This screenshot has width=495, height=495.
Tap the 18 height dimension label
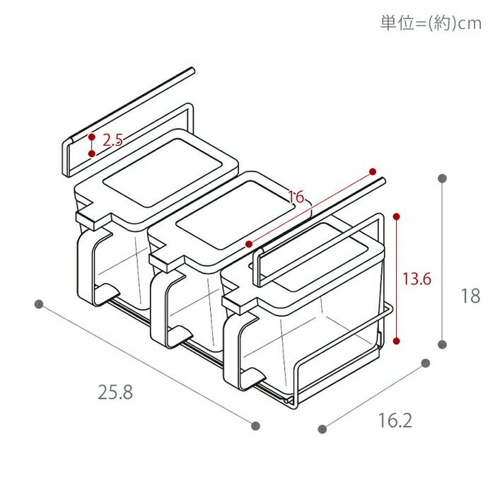pyautogui.click(x=470, y=296)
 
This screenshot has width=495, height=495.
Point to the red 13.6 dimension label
pyautogui.click(x=417, y=279)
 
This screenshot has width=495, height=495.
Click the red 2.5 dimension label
pyautogui.click(x=112, y=140)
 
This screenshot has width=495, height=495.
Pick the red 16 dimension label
pyautogui.click(x=296, y=197)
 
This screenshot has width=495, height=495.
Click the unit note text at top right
pyautogui.click(x=430, y=23)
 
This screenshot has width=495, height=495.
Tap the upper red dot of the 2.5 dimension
pyautogui.click(x=92, y=136)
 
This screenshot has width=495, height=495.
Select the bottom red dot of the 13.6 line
pyautogui.click(x=398, y=342)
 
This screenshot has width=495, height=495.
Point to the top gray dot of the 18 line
pyautogui.click(x=443, y=178)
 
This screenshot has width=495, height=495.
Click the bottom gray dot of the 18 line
pyautogui.click(x=443, y=344)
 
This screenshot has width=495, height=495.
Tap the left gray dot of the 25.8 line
pyautogui.click(x=39, y=304)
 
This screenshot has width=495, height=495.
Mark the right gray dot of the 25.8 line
pyautogui.click(x=256, y=426)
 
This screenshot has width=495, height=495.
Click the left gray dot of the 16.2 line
pyautogui.click(x=323, y=429)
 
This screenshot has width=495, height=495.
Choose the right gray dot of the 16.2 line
pyautogui.click(x=426, y=363)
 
